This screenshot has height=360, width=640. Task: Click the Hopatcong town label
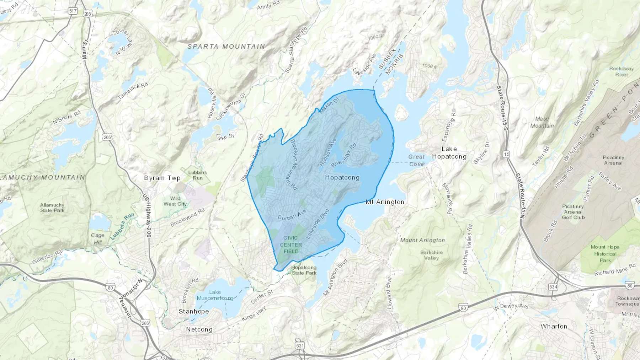(x=342, y=177)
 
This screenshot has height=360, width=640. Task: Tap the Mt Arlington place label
(x=385, y=202)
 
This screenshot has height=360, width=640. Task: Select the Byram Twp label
(x=162, y=178)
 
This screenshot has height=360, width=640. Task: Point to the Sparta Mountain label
(x=226, y=47)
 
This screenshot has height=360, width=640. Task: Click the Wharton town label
(x=554, y=326)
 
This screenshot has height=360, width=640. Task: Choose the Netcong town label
(x=199, y=329)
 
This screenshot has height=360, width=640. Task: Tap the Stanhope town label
(x=193, y=311)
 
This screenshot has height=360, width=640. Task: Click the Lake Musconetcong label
(x=215, y=295)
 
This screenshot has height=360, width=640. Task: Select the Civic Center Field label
(x=291, y=245)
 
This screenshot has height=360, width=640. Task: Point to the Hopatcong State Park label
(x=304, y=270)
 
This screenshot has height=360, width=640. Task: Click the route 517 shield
(x=73, y=11)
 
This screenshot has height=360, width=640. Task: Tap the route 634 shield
(x=553, y=287)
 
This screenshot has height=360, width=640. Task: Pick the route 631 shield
(x=300, y=345)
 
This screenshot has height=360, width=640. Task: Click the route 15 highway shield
(x=506, y=154)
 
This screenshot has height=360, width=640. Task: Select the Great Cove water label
(x=416, y=160)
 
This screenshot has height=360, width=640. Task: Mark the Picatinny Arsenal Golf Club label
(x=573, y=212)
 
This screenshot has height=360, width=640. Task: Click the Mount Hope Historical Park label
(x=605, y=254)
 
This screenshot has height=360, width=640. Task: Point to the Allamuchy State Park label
(x=52, y=208)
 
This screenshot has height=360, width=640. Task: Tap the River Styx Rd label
(x=343, y=155)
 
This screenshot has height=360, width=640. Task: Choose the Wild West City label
(x=175, y=201)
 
